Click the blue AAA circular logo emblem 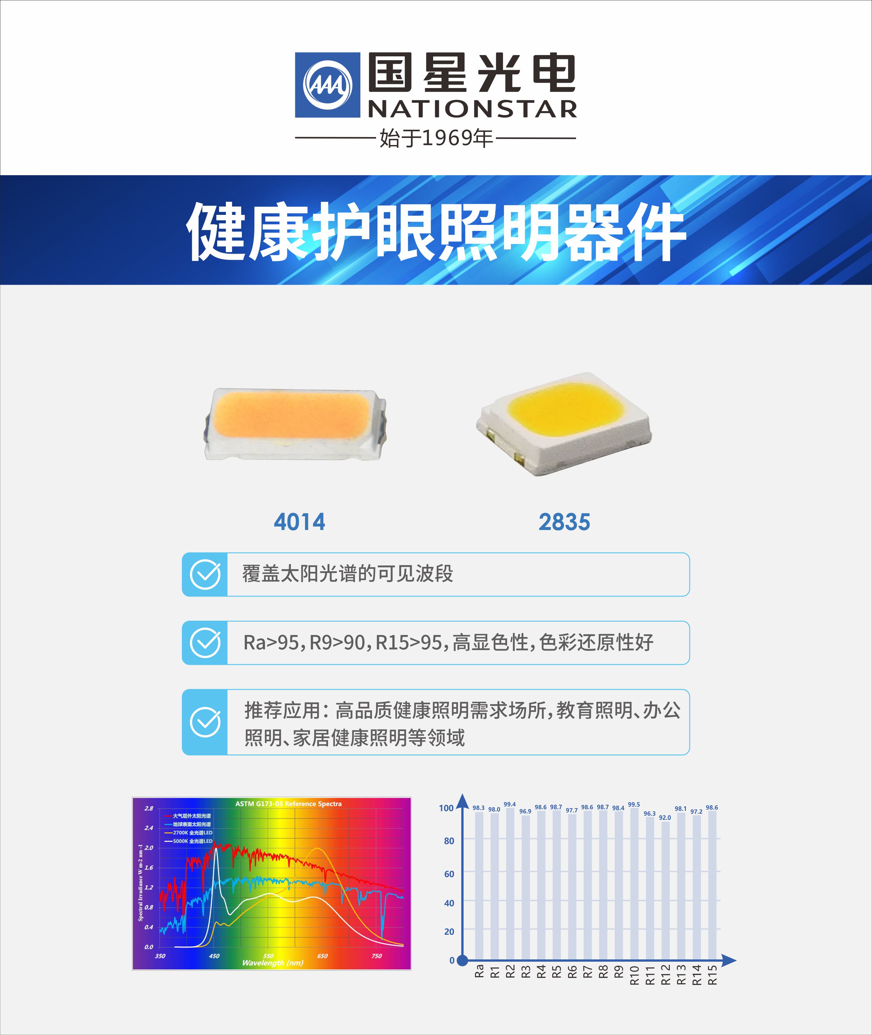[327, 85]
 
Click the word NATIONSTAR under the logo [472, 109]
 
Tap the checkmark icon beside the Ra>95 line [205, 643]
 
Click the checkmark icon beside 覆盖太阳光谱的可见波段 [205, 575]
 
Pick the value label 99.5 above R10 [634, 805]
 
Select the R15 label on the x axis [712, 975]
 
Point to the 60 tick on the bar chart [449, 874]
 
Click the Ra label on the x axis [479, 971]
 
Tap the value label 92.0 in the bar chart [665, 818]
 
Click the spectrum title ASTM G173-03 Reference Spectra [288, 804]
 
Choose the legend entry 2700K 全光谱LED [192, 832]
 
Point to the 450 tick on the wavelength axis [214, 956]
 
